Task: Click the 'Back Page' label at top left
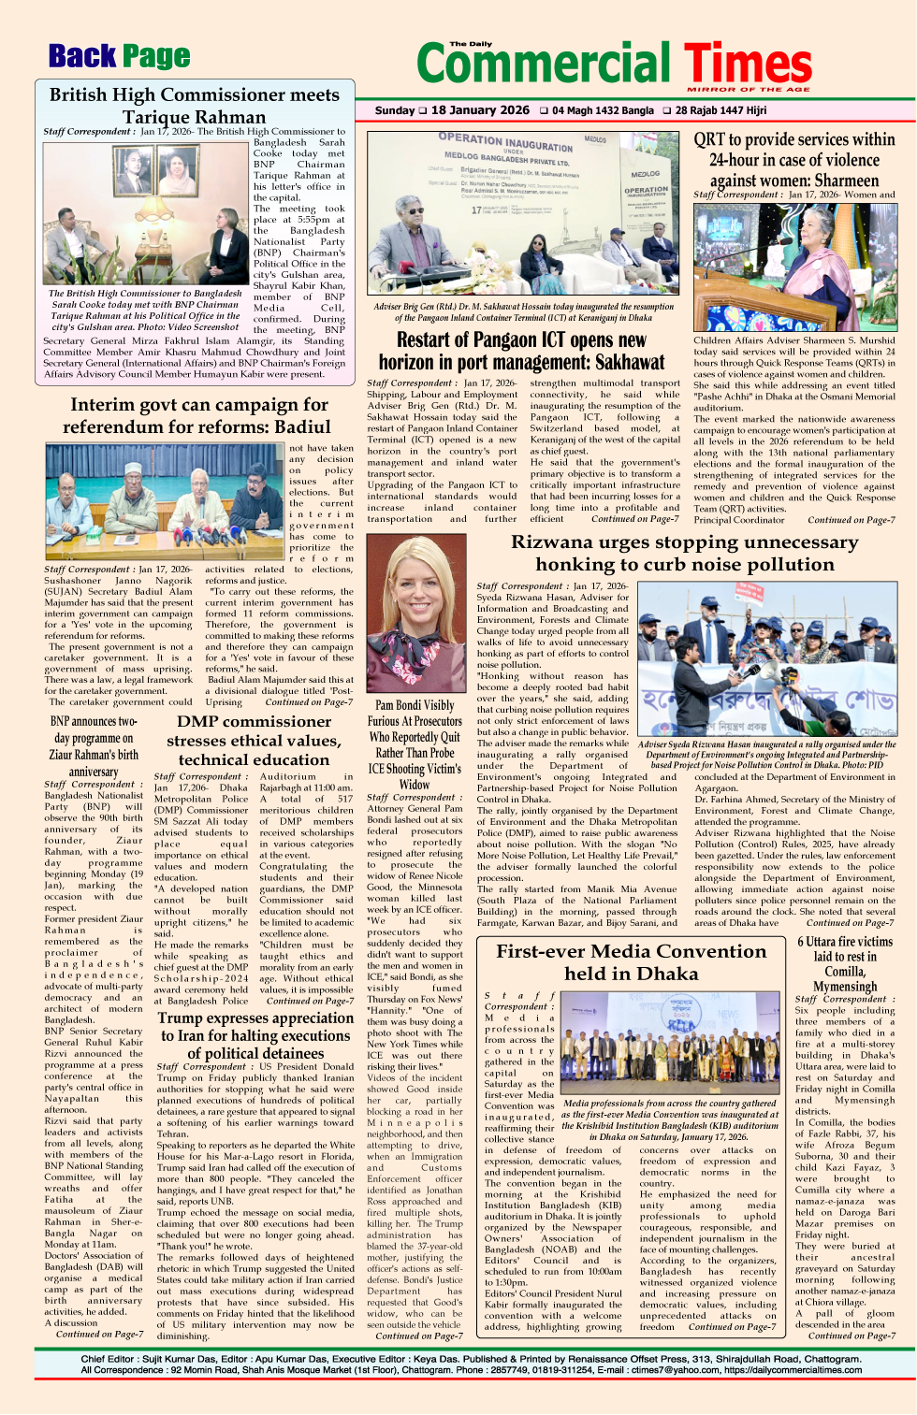click(x=119, y=57)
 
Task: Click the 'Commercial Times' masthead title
click(x=613, y=65)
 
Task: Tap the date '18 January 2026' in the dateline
click(x=480, y=110)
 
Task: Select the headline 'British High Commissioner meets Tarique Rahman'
click(x=195, y=105)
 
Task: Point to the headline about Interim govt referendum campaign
click(x=199, y=416)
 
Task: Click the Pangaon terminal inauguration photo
click(x=524, y=213)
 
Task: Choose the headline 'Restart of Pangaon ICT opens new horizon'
click(x=521, y=351)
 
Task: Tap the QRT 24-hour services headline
click(x=794, y=159)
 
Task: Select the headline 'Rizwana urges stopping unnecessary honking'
click(x=684, y=553)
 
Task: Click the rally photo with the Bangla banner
click(x=766, y=660)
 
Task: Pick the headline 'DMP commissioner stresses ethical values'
click(x=254, y=740)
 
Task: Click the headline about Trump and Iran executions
click(x=255, y=1035)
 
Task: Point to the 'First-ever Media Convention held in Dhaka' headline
click(x=631, y=961)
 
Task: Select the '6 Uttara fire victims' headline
click(x=844, y=963)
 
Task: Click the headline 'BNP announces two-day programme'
click(x=94, y=746)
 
